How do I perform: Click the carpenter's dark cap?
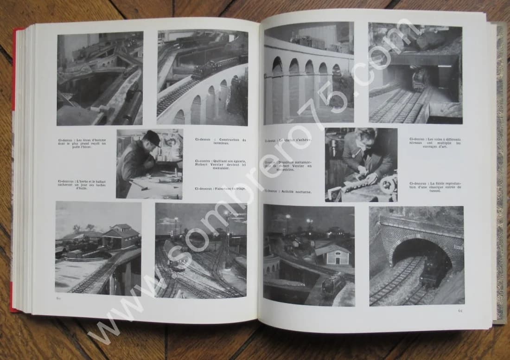click(x=152, y=138)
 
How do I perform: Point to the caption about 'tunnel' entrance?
click(x=435, y=186)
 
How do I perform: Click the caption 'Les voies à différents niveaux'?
click(x=435, y=143)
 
